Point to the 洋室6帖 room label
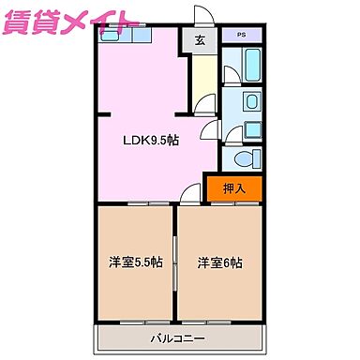219,262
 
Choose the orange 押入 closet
234,189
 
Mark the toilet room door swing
214,136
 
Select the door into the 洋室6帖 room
191,195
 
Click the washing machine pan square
250,131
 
